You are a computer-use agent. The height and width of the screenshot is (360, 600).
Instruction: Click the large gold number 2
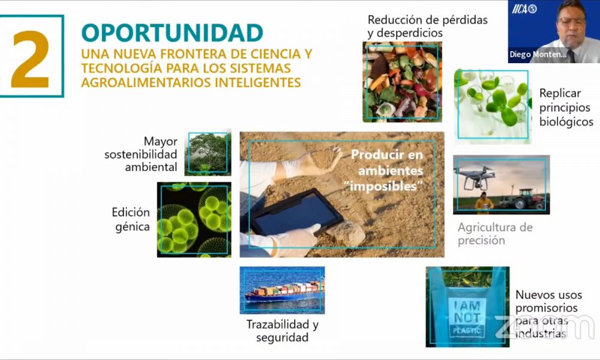tap(30, 59)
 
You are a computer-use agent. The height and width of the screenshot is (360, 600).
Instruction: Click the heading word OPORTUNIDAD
tap(172, 33)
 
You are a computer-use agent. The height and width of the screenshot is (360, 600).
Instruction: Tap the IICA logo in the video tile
tap(524, 9)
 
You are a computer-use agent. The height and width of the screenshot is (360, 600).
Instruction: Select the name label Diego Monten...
tap(538, 55)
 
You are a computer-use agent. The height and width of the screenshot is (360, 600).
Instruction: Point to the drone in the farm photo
tap(476, 178)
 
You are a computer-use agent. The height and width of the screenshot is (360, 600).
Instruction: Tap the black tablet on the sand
tap(295, 212)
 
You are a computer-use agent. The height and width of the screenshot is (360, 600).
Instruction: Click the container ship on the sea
tap(284, 292)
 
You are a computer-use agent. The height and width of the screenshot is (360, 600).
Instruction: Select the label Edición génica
tap(130, 219)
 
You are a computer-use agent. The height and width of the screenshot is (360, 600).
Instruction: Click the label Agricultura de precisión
tap(495, 234)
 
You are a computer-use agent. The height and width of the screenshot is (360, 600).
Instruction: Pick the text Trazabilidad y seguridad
tap(283, 331)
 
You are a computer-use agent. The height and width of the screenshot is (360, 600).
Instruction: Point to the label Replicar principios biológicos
tap(566, 107)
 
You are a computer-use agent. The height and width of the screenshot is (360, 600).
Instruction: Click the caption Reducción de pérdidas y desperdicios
tap(427, 26)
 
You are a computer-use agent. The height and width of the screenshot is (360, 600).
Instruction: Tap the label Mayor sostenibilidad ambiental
tap(141, 154)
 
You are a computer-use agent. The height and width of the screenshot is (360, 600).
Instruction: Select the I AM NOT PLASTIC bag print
tap(467, 318)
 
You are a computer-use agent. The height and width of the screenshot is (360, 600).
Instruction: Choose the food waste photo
tap(402, 82)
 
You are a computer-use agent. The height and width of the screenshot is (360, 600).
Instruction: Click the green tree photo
tap(208, 152)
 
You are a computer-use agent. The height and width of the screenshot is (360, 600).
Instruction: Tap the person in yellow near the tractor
tap(484, 202)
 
